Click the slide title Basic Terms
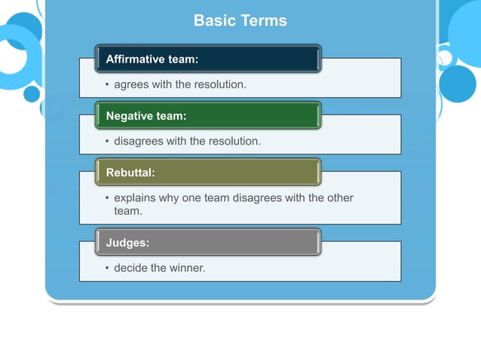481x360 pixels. click(240, 20)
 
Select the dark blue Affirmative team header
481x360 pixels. click(208, 59)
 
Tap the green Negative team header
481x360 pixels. click(208, 116)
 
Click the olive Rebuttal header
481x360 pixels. click(208, 172)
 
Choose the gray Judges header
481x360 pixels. click(208, 243)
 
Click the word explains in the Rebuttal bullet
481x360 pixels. click(136, 198)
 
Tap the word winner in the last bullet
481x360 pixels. click(187, 267)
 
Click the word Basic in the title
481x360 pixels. click(214, 20)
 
